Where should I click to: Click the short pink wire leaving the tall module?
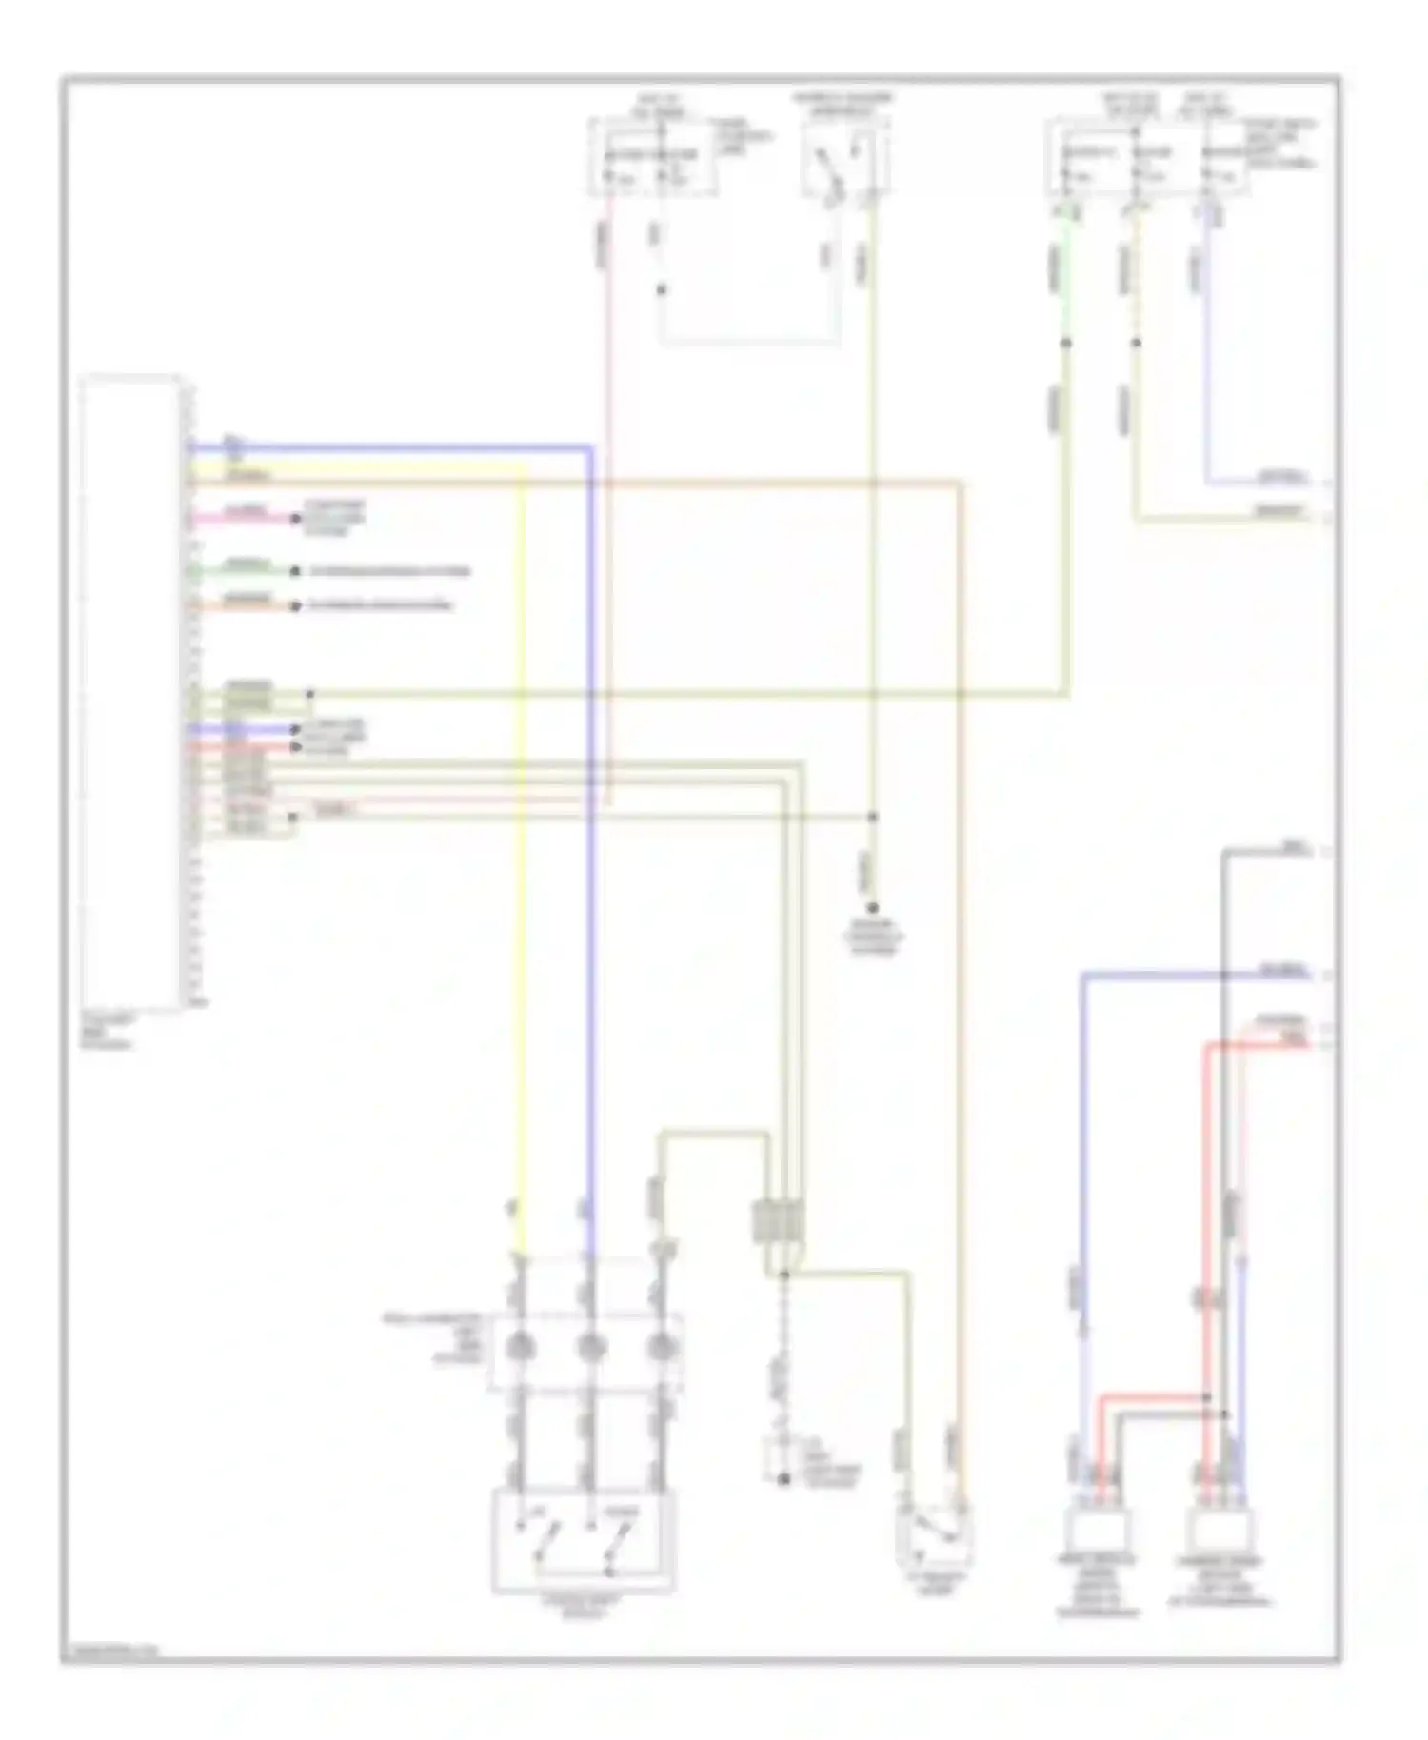click(243, 520)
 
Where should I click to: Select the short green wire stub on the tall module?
click(243, 571)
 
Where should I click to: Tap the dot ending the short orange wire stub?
click(296, 605)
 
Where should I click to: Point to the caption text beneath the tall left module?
click(108, 1031)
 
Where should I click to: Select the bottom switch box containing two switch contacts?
click(583, 1541)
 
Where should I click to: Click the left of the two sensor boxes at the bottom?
click(1098, 1533)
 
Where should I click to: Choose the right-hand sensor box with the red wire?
click(1222, 1533)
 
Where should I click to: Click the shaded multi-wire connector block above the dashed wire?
click(778, 1221)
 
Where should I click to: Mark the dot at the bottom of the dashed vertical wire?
click(784, 1479)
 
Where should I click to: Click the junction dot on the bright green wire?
click(1066, 342)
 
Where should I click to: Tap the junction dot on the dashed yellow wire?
click(1136, 342)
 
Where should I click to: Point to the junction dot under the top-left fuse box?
click(663, 289)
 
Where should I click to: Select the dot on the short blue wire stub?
click(296, 730)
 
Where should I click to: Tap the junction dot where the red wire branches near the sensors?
click(1206, 1398)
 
